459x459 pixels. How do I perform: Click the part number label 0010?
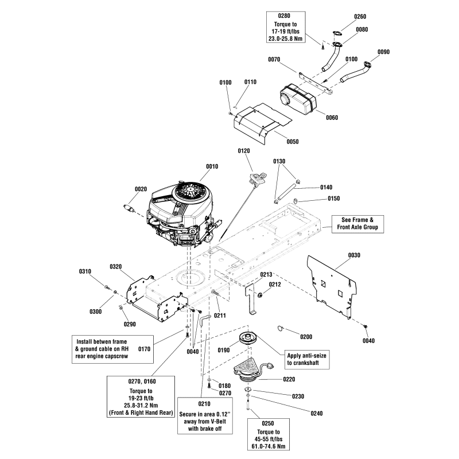212,166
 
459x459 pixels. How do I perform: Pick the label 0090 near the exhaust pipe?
384,52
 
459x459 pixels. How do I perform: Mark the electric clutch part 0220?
251,371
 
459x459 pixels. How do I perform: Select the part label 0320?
116,266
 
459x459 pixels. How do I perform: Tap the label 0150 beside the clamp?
334,199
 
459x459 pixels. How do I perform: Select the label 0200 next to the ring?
306,336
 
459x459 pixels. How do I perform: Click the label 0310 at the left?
85,270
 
